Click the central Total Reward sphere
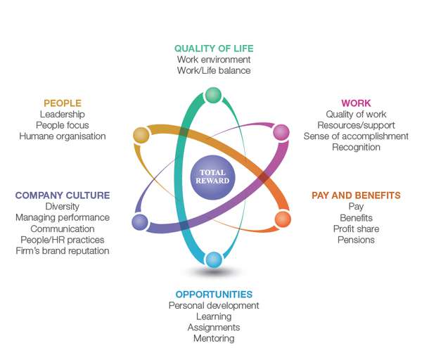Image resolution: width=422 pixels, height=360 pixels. pyautogui.click(x=212, y=177)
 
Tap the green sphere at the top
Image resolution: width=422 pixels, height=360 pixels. pyautogui.click(x=213, y=95)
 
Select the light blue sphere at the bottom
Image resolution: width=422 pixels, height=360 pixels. pyautogui.click(x=214, y=259)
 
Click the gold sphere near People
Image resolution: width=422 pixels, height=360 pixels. pyautogui.click(x=141, y=135)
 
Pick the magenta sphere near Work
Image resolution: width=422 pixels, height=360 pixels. pyautogui.click(x=281, y=132)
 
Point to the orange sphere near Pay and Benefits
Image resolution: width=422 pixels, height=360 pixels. pyautogui.click(x=283, y=219)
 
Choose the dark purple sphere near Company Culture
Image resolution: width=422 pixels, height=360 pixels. pyautogui.click(x=140, y=222)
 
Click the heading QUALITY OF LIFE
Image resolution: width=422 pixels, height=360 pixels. pyautogui.click(x=214, y=49)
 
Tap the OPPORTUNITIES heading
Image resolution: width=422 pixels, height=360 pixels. pyautogui.click(x=214, y=294)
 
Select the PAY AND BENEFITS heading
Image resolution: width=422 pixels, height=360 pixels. pyautogui.click(x=356, y=195)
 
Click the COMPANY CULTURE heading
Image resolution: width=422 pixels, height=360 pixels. pyautogui.click(x=63, y=195)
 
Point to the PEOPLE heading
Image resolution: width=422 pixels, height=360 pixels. pyautogui.click(x=63, y=103)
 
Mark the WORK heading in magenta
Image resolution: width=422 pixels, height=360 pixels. pyautogui.click(x=356, y=103)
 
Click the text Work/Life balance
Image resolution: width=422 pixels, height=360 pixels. pyautogui.click(x=214, y=70)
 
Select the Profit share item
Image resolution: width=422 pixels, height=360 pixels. pyautogui.click(x=356, y=229)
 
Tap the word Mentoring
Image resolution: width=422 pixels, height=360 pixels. pyautogui.click(x=214, y=338)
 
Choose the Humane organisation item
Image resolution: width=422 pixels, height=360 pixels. pyautogui.click(x=63, y=136)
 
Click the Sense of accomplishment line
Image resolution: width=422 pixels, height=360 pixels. pyautogui.click(x=356, y=136)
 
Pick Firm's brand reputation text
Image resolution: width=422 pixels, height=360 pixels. pyautogui.click(x=63, y=251)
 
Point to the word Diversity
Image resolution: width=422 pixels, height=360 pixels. pyautogui.click(x=63, y=207)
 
